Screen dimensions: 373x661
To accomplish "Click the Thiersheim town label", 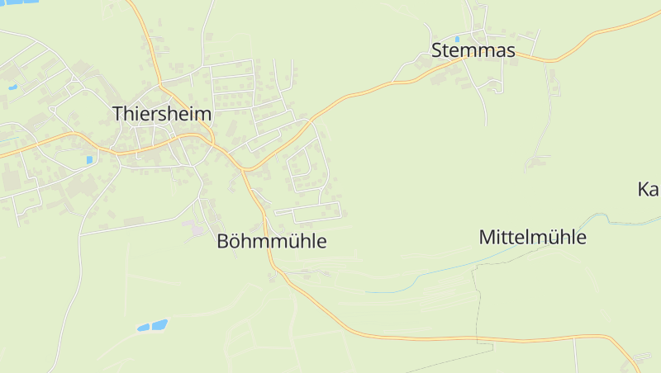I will (162, 114).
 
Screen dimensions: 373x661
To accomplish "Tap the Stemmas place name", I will (473, 51).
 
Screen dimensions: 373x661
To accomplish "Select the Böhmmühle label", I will (272, 242).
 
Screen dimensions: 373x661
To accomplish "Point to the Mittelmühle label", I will (532, 238).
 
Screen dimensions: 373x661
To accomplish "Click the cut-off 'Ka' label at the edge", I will (648, 190).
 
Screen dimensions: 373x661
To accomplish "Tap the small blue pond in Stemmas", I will (480, 39).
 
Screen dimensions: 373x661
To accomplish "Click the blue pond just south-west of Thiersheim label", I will (89, 159).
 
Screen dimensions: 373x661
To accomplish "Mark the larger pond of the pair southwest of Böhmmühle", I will (157, 324).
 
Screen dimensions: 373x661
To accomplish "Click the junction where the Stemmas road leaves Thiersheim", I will (245, 169).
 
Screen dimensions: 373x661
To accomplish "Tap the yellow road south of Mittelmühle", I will (496, 339).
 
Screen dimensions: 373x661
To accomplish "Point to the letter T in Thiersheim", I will (117, 114).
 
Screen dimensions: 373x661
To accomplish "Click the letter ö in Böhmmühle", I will (236, 242).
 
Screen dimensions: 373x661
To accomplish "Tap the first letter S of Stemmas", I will (437, 51).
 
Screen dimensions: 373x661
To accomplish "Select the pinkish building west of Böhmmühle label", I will (197, 229).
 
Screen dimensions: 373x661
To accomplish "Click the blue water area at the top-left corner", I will (20, 2).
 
